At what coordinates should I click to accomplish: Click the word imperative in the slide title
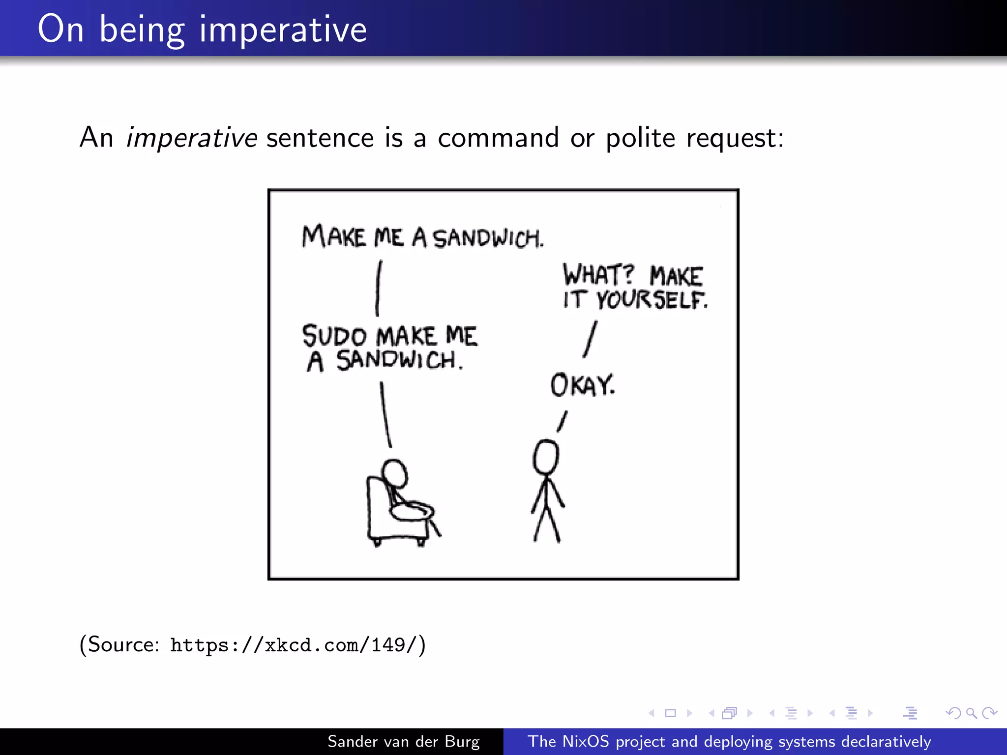coord(283,29)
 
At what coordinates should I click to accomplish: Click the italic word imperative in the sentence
coord(191,138)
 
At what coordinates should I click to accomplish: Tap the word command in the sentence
coord(498,138)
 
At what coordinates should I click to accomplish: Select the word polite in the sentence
coord(640,138)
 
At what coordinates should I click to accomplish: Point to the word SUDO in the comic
coord(334,336)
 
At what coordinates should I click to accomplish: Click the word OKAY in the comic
coord(582,385)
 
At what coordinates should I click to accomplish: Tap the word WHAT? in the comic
coord(598,274)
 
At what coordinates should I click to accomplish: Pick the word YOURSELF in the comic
coord(652,299)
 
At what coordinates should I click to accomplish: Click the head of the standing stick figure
coord(546,457)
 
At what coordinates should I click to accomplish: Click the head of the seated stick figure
coord(394,473)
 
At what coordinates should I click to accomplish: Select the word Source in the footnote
coord(123,644)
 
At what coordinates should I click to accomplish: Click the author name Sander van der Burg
coord(403,741)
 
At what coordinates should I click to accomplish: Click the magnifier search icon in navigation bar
coord(971,713)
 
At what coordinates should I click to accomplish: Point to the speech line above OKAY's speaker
coord(562,421)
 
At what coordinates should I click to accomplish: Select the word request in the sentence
coord(735,138)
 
